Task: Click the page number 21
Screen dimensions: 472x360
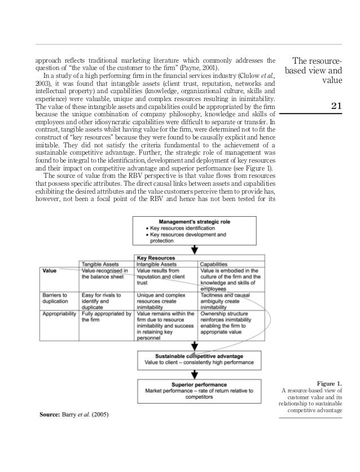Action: pyautogui.click(x=336, y=105)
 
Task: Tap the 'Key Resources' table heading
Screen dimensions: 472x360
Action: pyautogui.click(x=156, y=257)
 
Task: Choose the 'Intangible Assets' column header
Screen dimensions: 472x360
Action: pyautogui.click(x=158, y=264)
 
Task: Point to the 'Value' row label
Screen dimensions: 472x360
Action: pyautogui.click(x=49, y=270)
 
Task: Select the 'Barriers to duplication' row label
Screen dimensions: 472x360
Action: pyautogui.click(x=55, y=298)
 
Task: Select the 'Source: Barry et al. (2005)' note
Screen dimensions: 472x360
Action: pyautogui.click(x=74, y=416)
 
